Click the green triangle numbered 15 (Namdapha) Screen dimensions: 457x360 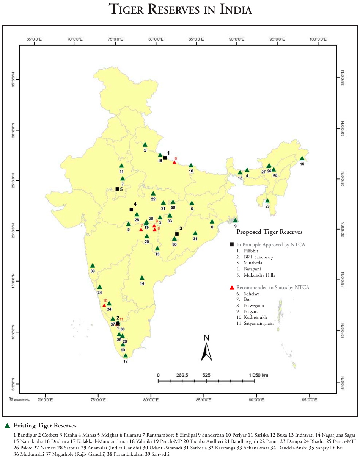click(x=302, y=159)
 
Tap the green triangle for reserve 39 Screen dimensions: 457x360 click(x=93, y=266)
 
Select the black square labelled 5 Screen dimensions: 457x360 click(x=117, y=189)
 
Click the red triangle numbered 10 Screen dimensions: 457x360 click(x=104, y=305)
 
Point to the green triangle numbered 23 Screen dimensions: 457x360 click(x=267, y=201)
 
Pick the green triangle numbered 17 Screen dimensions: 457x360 click(x=126, y=356)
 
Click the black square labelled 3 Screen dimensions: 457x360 click(x=177, y=234)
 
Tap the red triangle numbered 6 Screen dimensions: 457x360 click(x=174, y=162)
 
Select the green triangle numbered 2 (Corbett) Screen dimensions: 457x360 click(x=145, y=145)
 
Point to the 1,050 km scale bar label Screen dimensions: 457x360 click(x=258, y=375)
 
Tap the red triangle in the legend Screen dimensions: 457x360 click(x=232, y=288)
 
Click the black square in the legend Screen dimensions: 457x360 click(x=232, y=244)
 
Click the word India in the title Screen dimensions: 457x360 click(x=236, y=9)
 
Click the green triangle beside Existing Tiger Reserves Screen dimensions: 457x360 click(x=7, y=426)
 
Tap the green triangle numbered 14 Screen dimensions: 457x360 click(x=142, y=278)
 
